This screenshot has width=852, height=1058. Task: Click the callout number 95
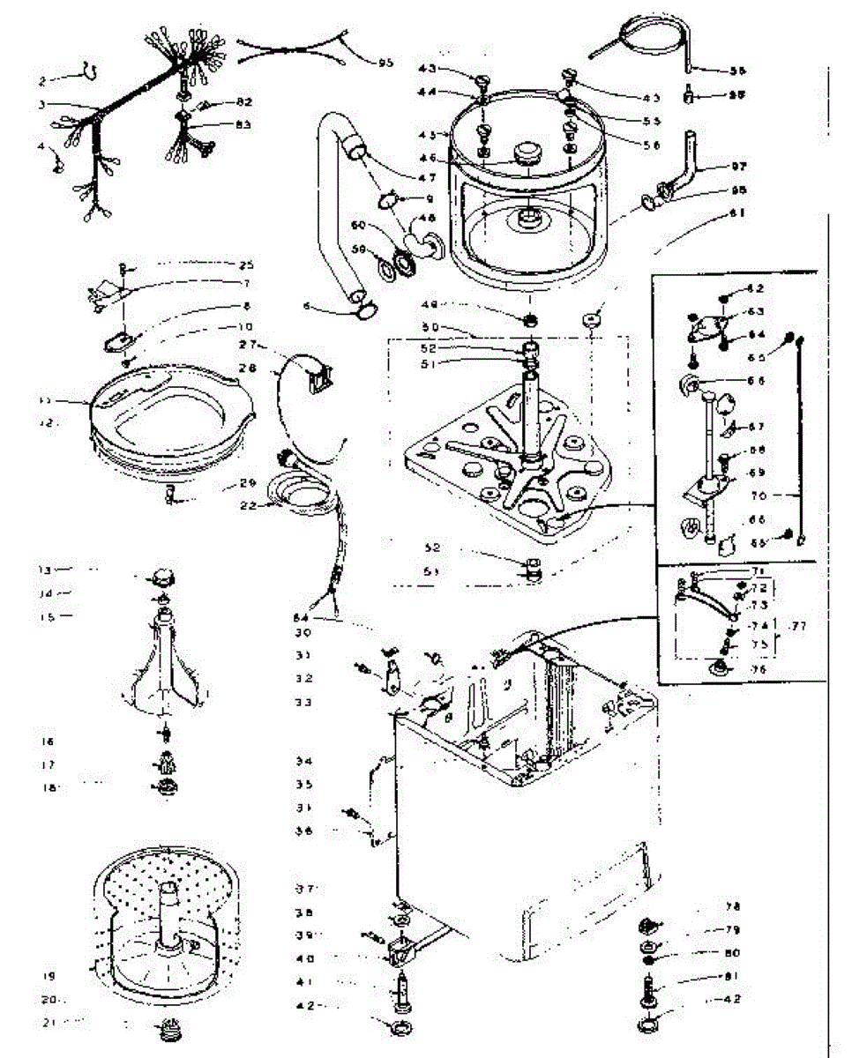[x=385, y=63]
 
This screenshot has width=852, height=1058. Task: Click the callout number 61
[x=737, y=212]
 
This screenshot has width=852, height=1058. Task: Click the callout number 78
[x=733, y=906]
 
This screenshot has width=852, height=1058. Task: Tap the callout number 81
[x=733, y=976]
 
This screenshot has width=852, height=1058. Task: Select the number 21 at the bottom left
[x=52, y=1022]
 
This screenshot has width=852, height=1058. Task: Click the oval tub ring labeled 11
[x=172, y=414]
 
